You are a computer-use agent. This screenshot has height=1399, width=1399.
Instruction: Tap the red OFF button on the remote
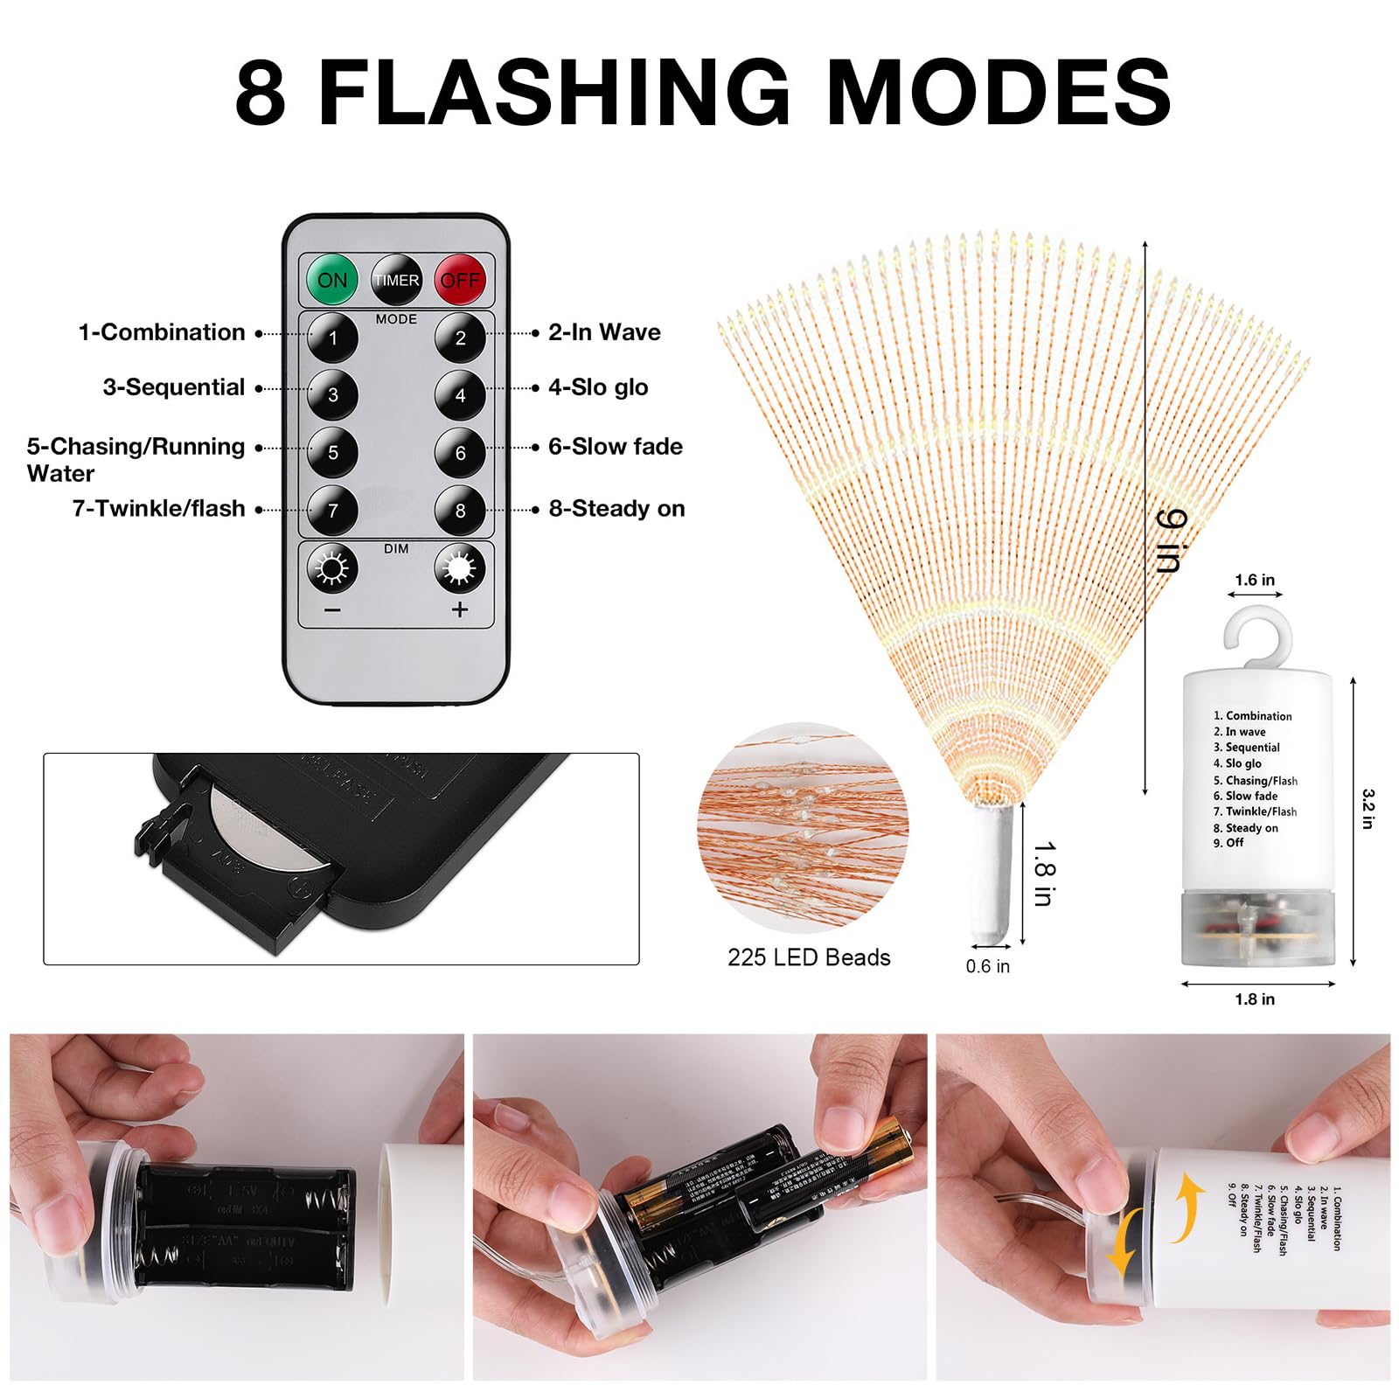[460, 280]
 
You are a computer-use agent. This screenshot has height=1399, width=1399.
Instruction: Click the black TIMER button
[396, 280]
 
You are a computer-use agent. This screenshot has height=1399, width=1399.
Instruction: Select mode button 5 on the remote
[332, 452]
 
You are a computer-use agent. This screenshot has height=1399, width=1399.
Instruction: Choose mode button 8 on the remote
[460, 511]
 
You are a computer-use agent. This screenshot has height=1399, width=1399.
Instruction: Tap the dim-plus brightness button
[459, 569]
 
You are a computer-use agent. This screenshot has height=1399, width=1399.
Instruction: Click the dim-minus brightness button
[332, 569]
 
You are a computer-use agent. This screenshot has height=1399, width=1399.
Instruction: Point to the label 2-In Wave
[604, 332]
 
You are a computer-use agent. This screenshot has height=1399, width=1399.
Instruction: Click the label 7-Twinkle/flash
[158, 508]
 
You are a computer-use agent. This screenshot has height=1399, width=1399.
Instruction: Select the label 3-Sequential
[173, 387]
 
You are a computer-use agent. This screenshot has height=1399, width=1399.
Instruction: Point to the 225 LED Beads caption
[809, 957]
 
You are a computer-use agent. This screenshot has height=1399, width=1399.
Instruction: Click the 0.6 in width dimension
[987, 966]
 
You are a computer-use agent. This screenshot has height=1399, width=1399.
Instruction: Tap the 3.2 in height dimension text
[1368, 809]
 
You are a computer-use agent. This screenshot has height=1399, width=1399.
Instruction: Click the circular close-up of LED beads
[803, 826]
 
